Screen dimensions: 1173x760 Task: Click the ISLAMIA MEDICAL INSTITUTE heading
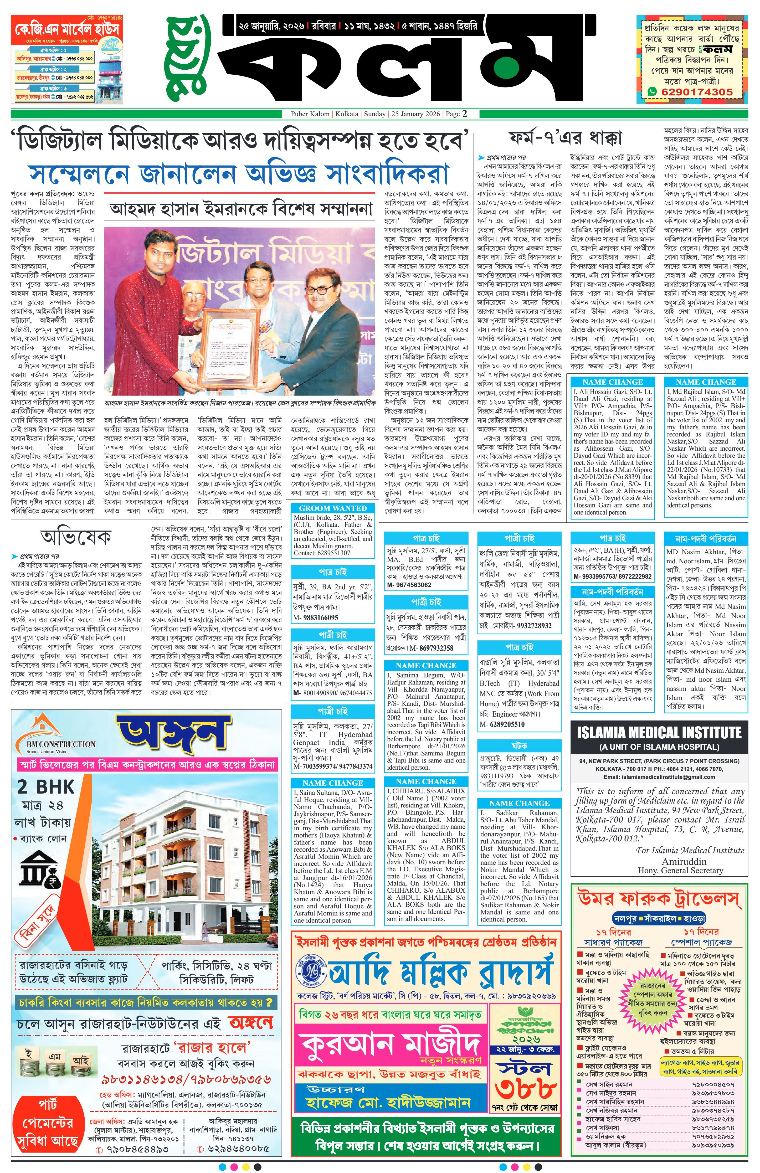[659, 732]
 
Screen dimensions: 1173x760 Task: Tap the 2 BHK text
[45, 787]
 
